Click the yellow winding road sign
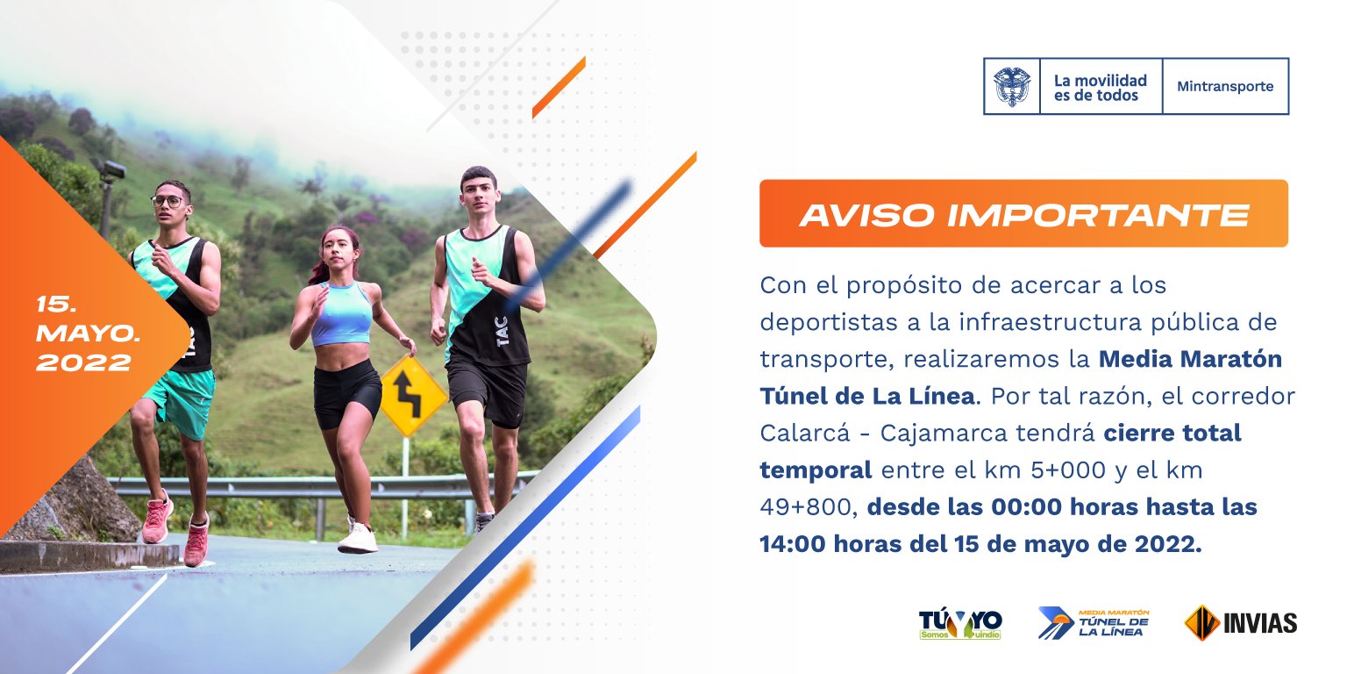click(x=414, y=396)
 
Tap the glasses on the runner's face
click(x=167, y=201)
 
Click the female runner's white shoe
click(x=358, y=538)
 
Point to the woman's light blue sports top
click(x=341, y=313)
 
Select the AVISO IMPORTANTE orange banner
click(x=1023, y=213)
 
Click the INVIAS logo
click(x=1241, y=623)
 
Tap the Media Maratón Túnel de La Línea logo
click(x=1094, y=623)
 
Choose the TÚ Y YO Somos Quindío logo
click(x=960, y=624)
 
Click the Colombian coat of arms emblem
click(x=1011, y=87)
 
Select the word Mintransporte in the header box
click(x=1225, y=87)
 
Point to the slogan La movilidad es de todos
click(x=1101, y=88)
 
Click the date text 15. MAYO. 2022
click(x=88, y=333)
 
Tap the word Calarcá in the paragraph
click(x=805, y=433)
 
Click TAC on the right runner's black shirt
click(x=502, y=332)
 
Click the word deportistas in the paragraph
click(x=830, y=323)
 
